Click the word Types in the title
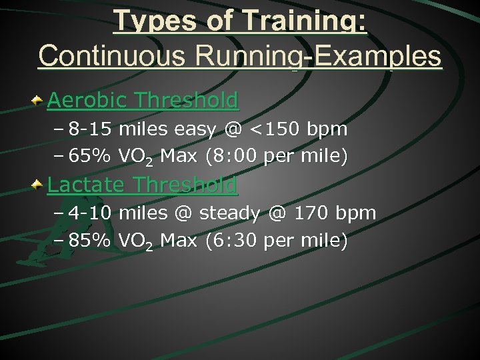(x=152, y=21)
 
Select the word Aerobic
(x=87, y=101)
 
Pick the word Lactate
(x=87, y=184)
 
